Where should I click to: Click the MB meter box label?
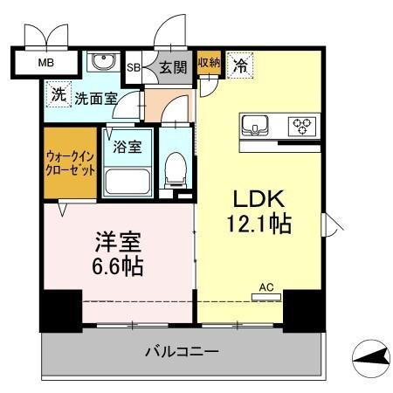[x=43, y=63]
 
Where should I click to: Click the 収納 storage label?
[x=208, y=63]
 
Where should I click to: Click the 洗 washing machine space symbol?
[x=59, y=96]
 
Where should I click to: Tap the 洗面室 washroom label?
[x=93, y=100]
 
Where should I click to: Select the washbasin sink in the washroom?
[x=103, y=64]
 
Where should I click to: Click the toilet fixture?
[x=175, y=169]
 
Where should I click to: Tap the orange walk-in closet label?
[x=70, y=164]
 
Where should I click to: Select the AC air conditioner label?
[x=265, y=286]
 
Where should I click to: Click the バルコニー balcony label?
[x=182, y=352]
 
